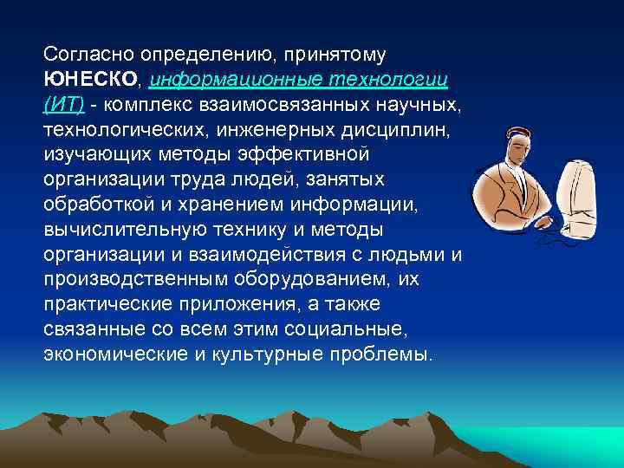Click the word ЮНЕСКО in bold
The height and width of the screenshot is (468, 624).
tap(89, 80)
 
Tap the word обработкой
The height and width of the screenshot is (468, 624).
tap(94, 205)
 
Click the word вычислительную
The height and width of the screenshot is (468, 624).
tap(112, 230)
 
